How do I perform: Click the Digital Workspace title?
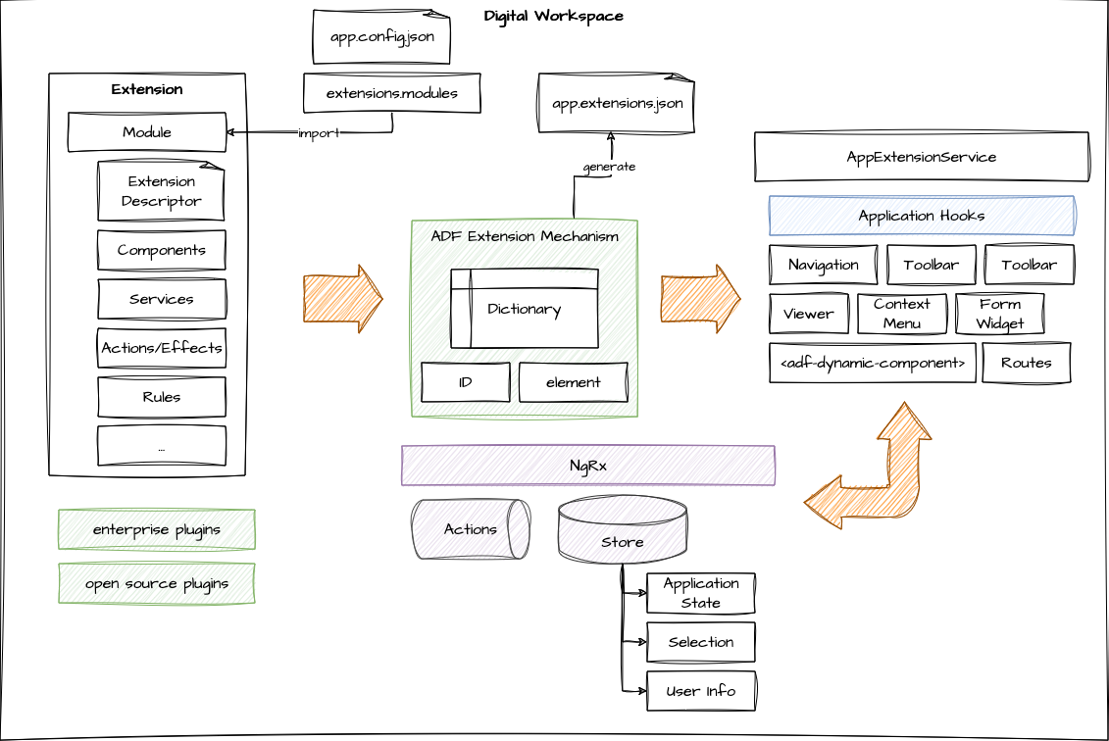(553, 16)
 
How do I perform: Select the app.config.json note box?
(381, 37)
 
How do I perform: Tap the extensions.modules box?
(391, 93)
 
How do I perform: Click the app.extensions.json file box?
(616, 102)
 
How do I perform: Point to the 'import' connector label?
(318, 133)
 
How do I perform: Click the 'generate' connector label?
(609, 167)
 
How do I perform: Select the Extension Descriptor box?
(161, 191)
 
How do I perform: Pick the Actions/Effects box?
(161, 348)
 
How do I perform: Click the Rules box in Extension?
(161, 397)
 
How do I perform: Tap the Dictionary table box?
(524, 309)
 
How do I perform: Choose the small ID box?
(465, 382)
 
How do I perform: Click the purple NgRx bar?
(587, 466)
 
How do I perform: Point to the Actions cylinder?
(470, 529)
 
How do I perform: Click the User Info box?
(700, 691)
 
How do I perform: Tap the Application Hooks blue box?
(921, 216)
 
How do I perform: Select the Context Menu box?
(901, 314)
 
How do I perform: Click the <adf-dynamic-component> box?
(872, 363)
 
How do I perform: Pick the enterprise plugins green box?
(156, 529)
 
